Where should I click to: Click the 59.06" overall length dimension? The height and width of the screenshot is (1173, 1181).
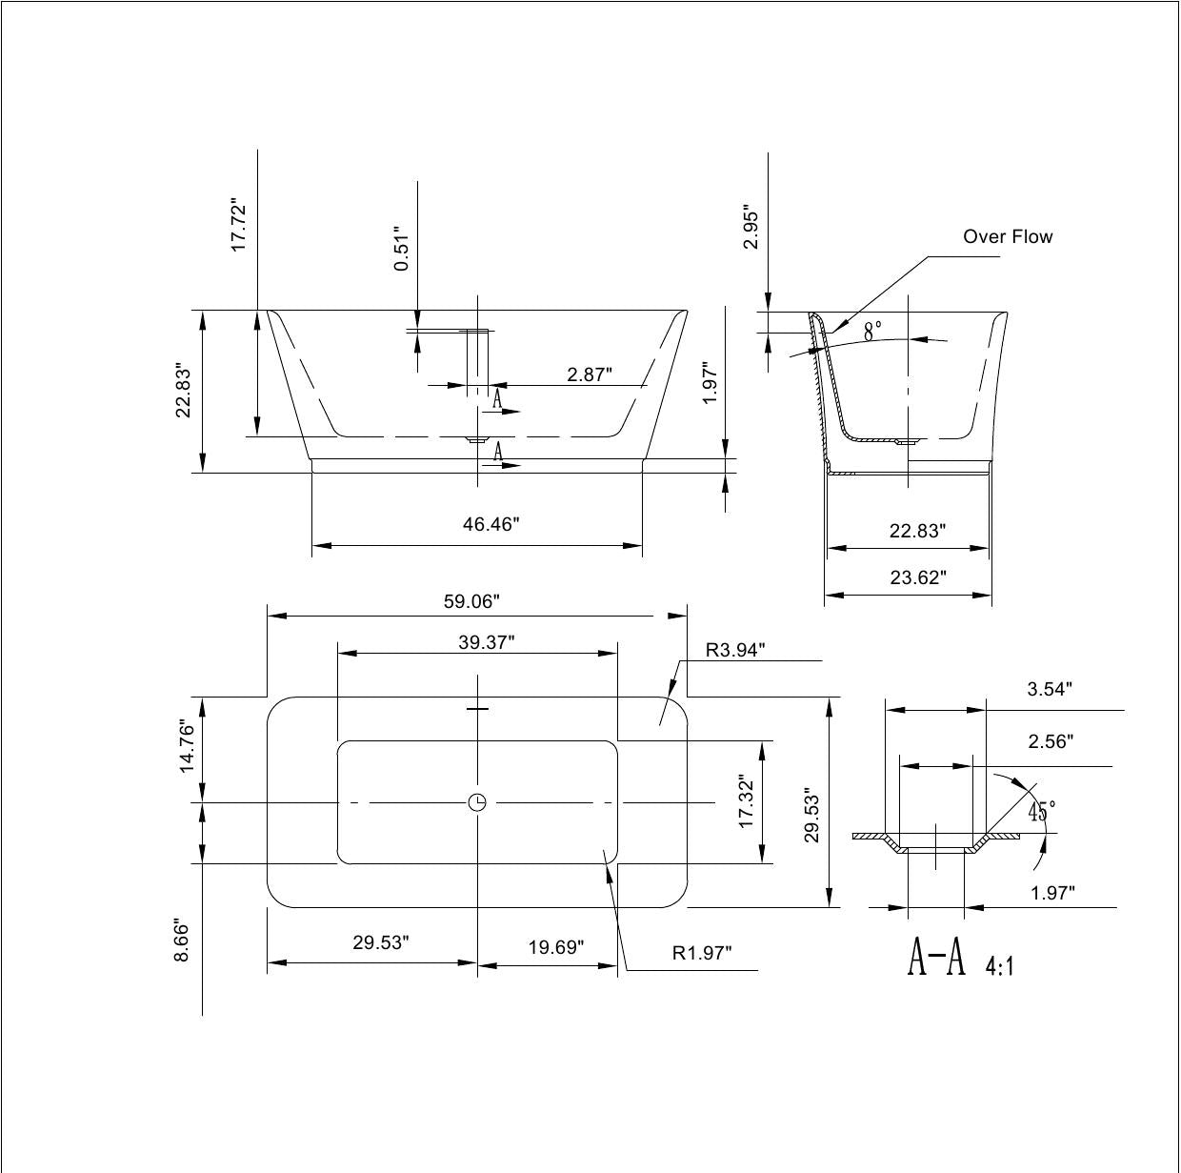point(471,601)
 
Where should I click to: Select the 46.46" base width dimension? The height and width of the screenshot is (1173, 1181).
point(490,524)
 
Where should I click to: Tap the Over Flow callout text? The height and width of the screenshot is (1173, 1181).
point(1008,236)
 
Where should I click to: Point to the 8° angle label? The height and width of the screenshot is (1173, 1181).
point(872,332)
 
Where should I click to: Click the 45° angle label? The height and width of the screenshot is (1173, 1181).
point(1042,811)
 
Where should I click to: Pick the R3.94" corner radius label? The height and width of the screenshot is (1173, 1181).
point(735,650)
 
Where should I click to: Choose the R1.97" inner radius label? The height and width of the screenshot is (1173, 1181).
point(702,953)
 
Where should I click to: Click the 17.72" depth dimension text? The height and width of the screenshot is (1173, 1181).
point(238,225)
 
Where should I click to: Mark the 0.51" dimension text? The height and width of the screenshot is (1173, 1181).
point(401,249)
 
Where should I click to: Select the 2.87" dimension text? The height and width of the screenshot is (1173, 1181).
point(590,374)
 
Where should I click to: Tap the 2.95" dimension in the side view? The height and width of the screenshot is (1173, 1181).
point(751,227)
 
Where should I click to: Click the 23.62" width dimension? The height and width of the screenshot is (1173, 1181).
point(918,577)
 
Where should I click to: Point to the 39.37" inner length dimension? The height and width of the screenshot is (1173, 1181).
point(487,642)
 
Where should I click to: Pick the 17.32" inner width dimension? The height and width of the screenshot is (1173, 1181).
point(746,801)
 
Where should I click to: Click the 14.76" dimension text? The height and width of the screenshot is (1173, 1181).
point(187,745)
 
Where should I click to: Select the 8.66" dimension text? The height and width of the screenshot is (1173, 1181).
point(182,940)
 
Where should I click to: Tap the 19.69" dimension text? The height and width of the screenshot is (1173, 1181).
point(556,947)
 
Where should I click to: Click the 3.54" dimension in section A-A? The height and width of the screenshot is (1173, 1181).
point(1050,689)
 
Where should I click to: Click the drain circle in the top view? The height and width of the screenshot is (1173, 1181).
point(477,802)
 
